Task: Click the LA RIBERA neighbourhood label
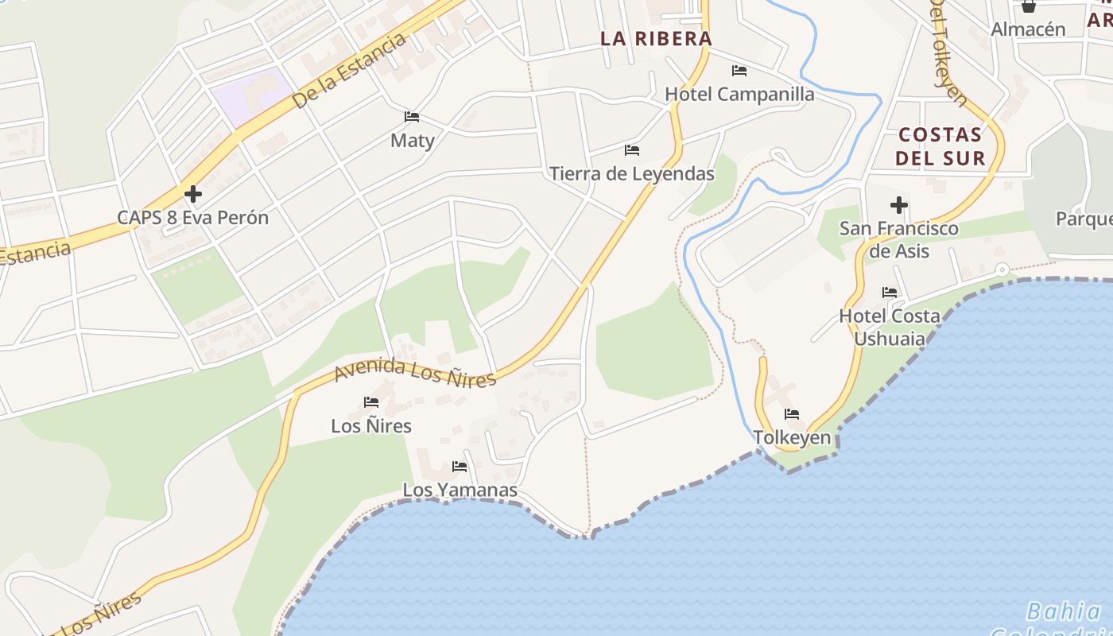(x=656, y=38)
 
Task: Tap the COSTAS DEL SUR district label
(x=940, y=146)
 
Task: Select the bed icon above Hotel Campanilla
(x=739, y=71)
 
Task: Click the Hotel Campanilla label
(x=739, y=94)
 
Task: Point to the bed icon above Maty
(x=412, y=117)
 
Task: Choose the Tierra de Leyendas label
(x=632, y=173)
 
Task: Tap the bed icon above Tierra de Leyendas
(x=632, y=149)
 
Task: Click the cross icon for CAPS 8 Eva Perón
(x=192, y=193)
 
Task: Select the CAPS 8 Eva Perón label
(x=192, y=217)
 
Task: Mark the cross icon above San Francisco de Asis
(x=899, y=205)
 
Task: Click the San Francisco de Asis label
(x=899, y=239)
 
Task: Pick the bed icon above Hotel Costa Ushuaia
(x=890, y=293)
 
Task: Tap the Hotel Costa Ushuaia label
(x=890, y=327)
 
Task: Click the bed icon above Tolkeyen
(x=792, y=414)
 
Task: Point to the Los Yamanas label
(x=460, y=490)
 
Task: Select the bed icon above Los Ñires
(x=371, y=402)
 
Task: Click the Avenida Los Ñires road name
(x=415, y=372)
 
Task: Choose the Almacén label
(x=1028, y=29)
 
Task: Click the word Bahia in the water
(x=1063, y=611)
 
